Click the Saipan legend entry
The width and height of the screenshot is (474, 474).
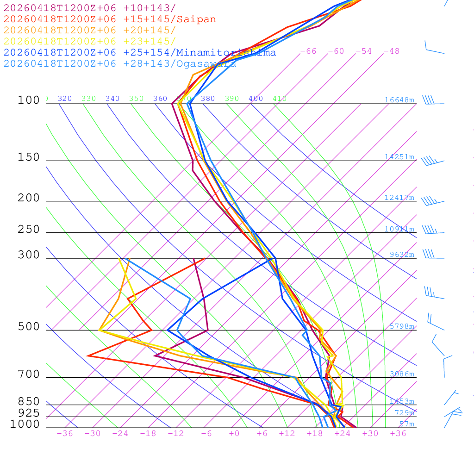tap(110, 19)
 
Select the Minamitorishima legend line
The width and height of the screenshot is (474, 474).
tap(140, 53)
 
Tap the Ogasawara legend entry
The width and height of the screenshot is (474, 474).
tap(120, 64)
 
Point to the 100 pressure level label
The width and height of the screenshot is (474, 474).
tap(29, 100)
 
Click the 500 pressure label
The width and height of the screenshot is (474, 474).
tap(29, 327)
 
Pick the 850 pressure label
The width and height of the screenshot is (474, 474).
tap(29, 402)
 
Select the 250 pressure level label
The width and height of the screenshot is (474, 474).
tap(29, 230)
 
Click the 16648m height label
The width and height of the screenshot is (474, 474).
tap(399, 100)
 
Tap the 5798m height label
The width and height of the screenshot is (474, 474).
tap(402, 326)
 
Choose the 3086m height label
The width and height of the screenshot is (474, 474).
tap(402, 374)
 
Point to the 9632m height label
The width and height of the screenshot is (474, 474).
tap(402, 255)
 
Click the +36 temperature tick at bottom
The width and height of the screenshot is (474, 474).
tap(398, 434)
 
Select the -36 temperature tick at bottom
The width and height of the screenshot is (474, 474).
tap(65, 434)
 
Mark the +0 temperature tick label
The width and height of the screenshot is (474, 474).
tap(234, 434)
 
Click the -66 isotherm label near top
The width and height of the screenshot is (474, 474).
tap(308, 51)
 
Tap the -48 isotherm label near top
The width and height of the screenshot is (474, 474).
tap(392, 51)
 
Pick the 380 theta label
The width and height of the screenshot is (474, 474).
tap(208, 99)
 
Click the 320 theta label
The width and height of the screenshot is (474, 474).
tap(65, 99)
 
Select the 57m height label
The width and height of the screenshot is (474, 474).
tap(407, 424)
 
